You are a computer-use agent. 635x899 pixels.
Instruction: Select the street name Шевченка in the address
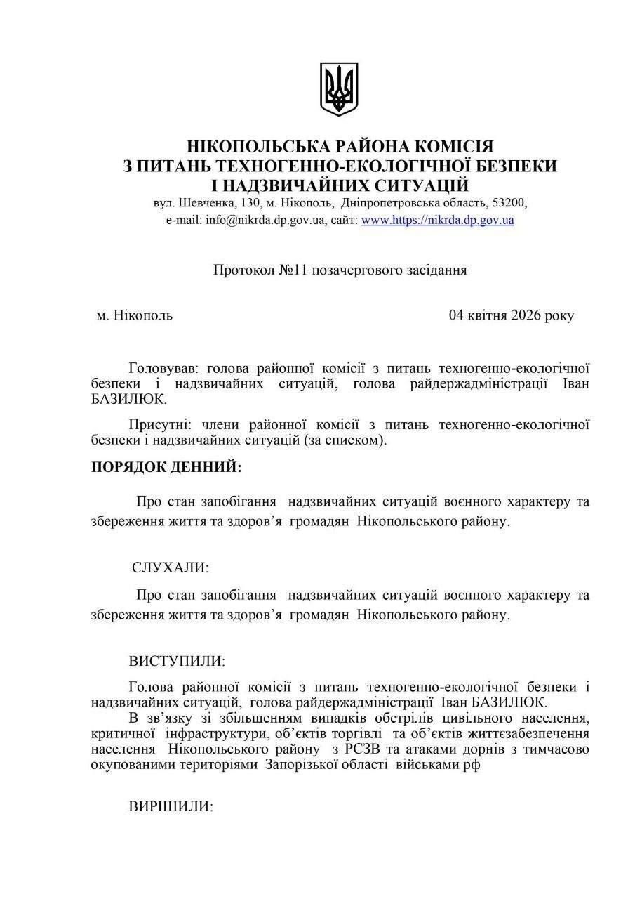tap(208, 202)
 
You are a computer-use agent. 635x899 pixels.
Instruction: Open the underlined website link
tap(437, 220)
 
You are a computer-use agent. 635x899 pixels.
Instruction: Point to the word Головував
tap(160, 367)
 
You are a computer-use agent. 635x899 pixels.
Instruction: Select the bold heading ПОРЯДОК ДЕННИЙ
tap(166, 467)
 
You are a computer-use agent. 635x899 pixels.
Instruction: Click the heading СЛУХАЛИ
tap(171, 567)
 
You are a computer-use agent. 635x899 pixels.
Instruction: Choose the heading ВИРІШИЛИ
tap(171, 806)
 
